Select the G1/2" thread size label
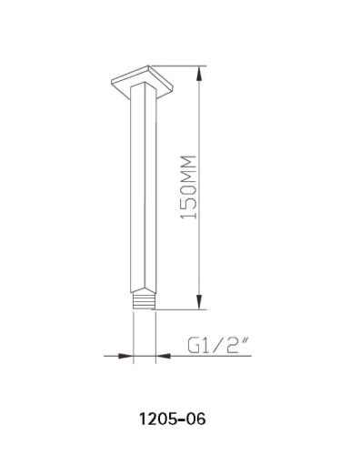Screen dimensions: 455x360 click(218, 347)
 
